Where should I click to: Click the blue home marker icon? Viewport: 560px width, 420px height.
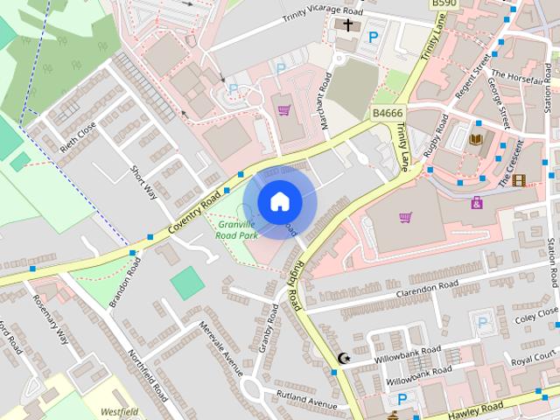278,202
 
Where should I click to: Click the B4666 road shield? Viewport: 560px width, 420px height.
388,113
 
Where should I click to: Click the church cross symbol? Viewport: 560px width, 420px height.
347,26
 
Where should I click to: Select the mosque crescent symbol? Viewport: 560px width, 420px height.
344,358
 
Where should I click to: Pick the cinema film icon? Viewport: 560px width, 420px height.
520,181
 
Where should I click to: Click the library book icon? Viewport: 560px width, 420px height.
476,139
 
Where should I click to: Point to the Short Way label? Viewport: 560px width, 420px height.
143,181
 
